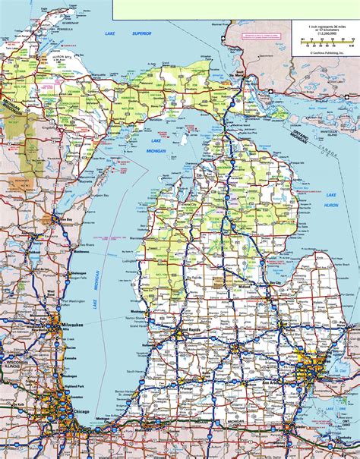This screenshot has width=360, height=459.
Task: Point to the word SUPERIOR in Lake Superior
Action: (x=141, y=33)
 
